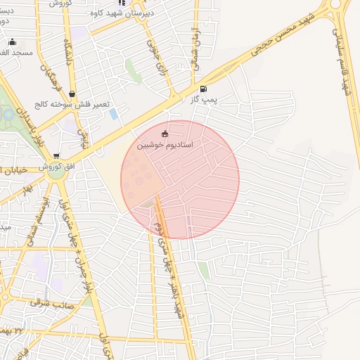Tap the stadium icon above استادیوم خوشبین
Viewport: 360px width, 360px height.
pyautogui.click(x=165, y=134)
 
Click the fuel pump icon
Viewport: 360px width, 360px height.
pyautogui.click(x=204, y=89)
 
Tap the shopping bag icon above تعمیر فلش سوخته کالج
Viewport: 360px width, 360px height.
pyautogui.click(x=72, y=93)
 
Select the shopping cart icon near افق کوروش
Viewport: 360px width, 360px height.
pyautogui.click(x=56, y=156)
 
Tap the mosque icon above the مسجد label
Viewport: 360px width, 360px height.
pyautogui.click(x=12, y=41)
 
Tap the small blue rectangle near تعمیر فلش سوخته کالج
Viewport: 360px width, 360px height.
pyautogui.click(x=113, y=113)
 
